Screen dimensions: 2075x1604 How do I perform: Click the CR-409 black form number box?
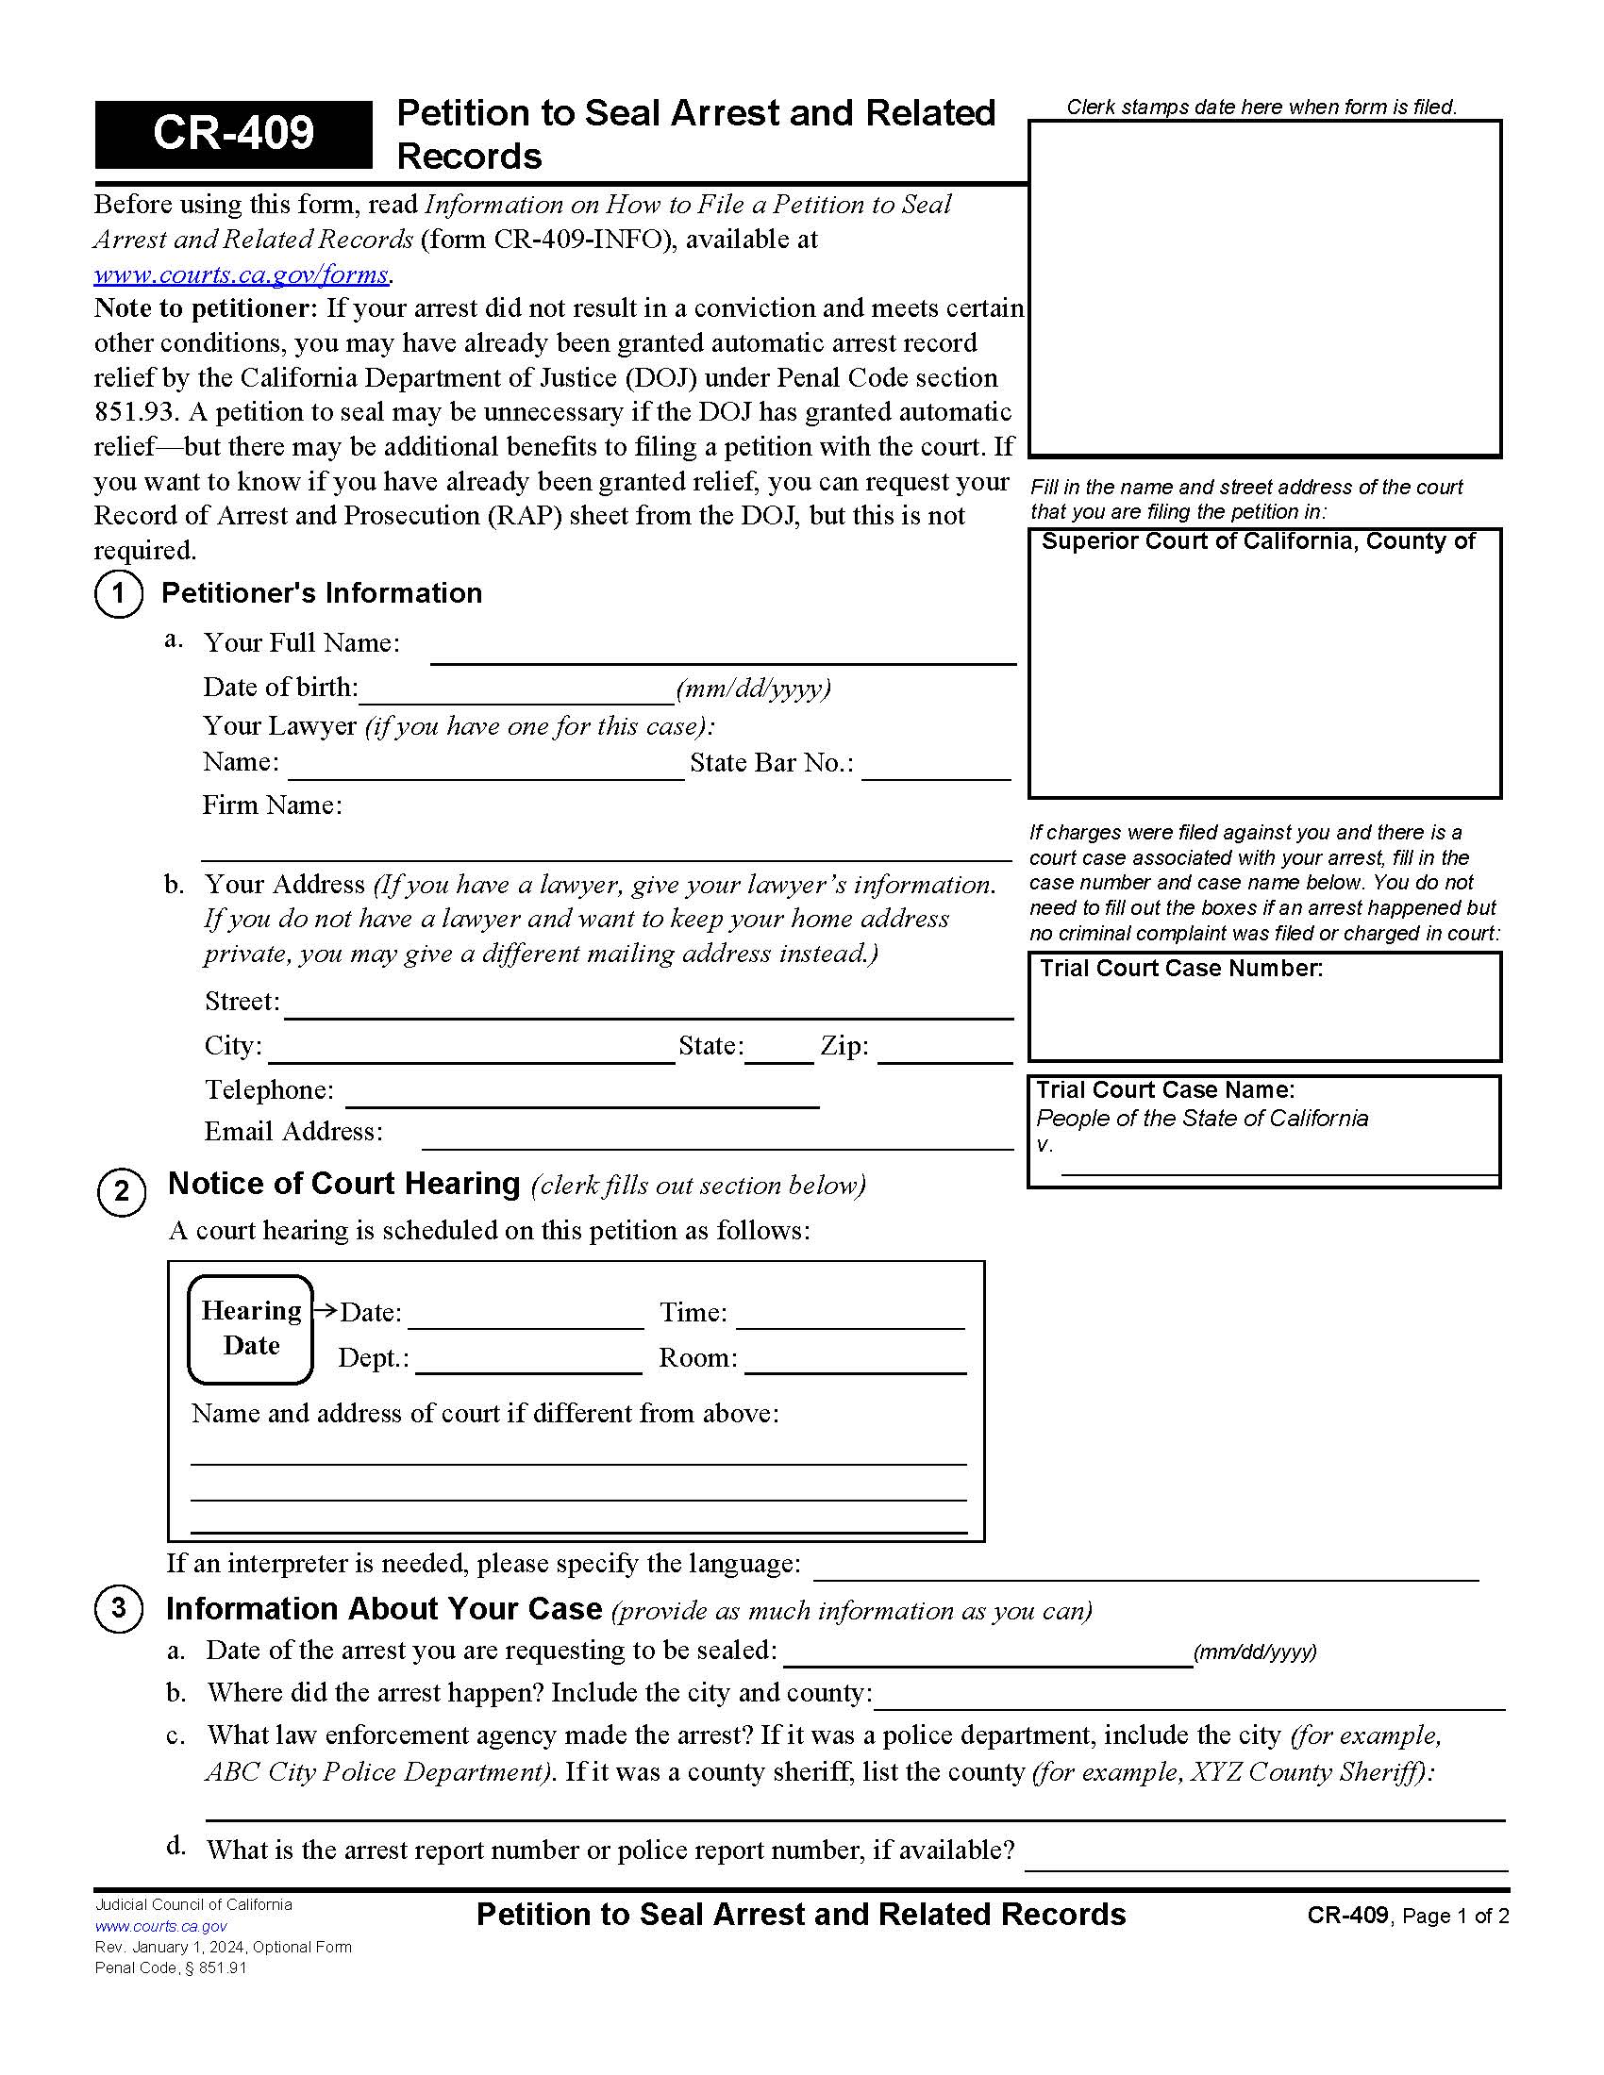coord(233,134)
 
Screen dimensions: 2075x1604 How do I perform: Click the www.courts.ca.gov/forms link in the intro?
coord(242,274)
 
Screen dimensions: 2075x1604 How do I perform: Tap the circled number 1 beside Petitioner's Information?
coord(119,594)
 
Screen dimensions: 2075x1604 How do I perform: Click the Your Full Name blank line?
coord(722,652)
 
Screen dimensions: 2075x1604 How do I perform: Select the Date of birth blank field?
coord(517,691)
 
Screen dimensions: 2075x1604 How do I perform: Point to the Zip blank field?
coord(944,1051)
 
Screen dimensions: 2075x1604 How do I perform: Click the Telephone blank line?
coord(581,1094)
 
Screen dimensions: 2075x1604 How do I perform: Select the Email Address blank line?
coord(717,1137)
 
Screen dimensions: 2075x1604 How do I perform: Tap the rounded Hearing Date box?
coord(251,1329)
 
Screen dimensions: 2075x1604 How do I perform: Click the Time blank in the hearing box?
coord(849,1317)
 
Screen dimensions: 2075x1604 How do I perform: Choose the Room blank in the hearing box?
coord(855,1361)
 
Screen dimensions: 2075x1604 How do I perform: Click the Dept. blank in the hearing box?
coord(528,1361)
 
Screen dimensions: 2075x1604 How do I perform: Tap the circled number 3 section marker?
coord(119,1608)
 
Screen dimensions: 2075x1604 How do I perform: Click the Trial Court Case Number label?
coord(1180,968)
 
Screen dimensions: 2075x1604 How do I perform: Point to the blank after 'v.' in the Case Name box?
coord(1278,1163)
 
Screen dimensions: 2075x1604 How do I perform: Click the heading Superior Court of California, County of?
coord(1258,541)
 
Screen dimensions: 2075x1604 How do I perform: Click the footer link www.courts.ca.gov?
coord(160,1926)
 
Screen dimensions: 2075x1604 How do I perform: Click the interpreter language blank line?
coord(1145,1567)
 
